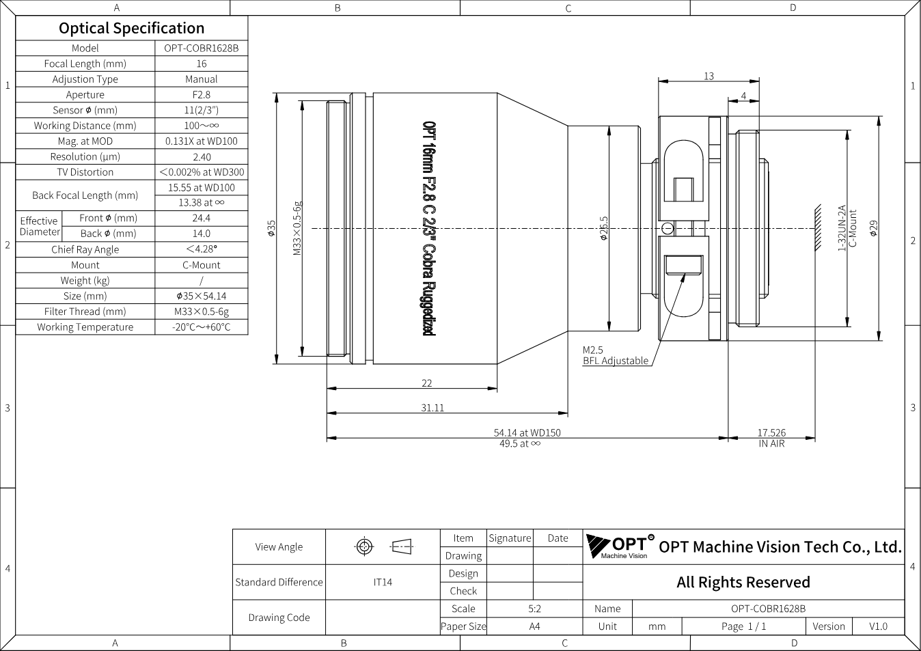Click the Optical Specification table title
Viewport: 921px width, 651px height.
tap(132, 28)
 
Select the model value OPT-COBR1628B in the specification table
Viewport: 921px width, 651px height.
tap(201, 48)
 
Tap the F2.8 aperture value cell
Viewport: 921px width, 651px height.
tap(201, 94)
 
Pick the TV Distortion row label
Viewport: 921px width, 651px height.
tap(85, 171)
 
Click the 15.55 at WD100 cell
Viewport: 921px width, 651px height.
tap(201, 187)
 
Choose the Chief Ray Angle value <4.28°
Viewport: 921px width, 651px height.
tap(201, 249)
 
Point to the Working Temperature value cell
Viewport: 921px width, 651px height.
tap(201, 327)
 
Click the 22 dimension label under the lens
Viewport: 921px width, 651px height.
tap(427, 383)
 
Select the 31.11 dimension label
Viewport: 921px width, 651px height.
tap(432, 407)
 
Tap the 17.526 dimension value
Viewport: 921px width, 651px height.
tap(771, 432)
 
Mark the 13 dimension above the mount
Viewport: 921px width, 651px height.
tap(709, 76)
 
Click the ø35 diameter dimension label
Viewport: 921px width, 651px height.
tap(271, 229)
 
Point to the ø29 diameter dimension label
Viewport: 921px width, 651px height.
tap(874, 229)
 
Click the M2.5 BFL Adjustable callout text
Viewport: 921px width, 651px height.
tap(616, 355)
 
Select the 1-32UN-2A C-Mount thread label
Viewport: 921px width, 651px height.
tap(847, 228)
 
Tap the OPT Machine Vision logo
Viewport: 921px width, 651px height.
tap(620, 546)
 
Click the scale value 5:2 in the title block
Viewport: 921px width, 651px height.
tap(534, 608)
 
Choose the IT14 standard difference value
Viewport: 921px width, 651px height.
tap(383, 582)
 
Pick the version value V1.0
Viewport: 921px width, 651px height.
tap(878, 626)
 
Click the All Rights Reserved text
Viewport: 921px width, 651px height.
tap(743, 582)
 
